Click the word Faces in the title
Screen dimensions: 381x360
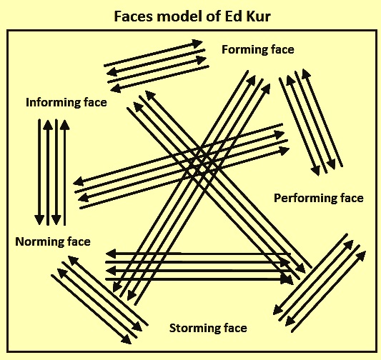134,16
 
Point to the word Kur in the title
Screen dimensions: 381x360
258,16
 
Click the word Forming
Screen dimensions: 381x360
244,50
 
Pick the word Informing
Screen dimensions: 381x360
53,102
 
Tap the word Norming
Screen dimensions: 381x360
39,241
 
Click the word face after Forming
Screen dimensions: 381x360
283,50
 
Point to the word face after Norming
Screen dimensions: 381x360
79,241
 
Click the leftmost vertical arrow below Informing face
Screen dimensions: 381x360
39,172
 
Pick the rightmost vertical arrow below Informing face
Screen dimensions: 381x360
64,173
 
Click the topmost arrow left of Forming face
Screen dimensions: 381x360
153,53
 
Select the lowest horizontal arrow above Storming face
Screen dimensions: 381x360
199,280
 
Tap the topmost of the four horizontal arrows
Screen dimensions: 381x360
199,254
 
